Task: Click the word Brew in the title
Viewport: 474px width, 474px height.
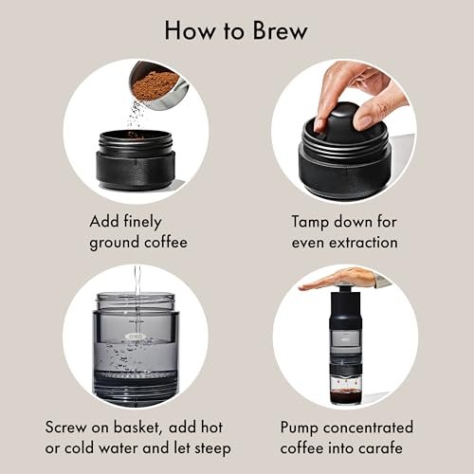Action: pyautogui.click(x=276, y=29)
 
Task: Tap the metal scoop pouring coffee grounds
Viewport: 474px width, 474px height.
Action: pyautogui.click(x=152, y=83)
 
